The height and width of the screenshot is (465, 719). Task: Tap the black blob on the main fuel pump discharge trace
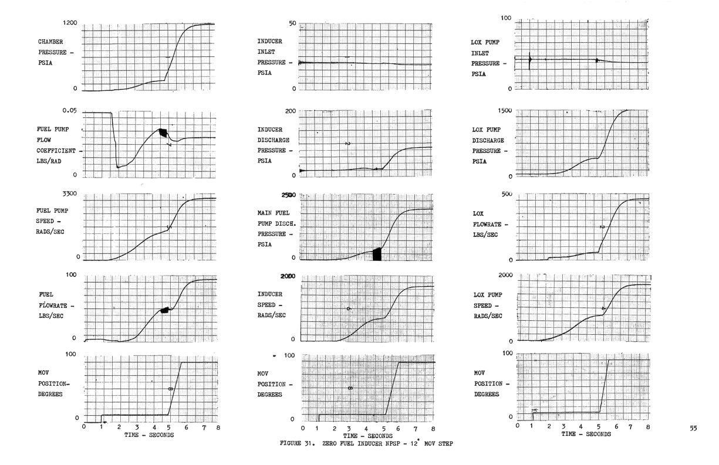click(377, 254)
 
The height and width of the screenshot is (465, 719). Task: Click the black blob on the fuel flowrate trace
click(166, 310)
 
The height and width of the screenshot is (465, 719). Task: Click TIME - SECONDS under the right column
click(586, 434)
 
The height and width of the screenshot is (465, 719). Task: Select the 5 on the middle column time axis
click(384, 429)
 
